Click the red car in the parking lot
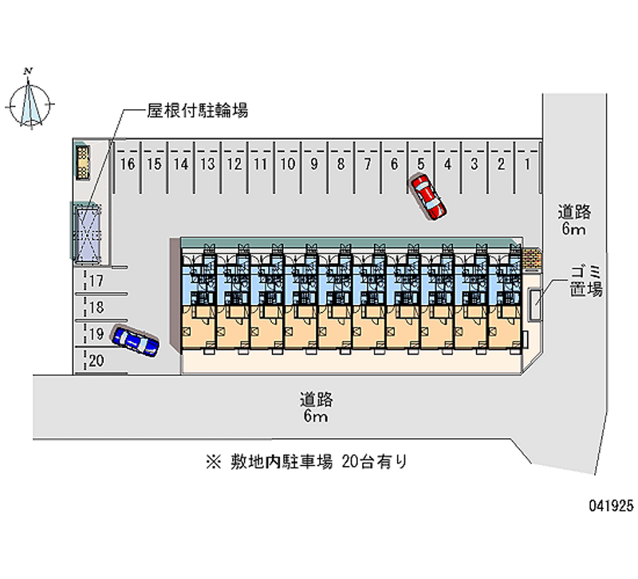427,196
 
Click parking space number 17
96,280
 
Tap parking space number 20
96,361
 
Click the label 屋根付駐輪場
196,111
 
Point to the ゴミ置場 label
585,281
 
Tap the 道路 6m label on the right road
573,221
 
